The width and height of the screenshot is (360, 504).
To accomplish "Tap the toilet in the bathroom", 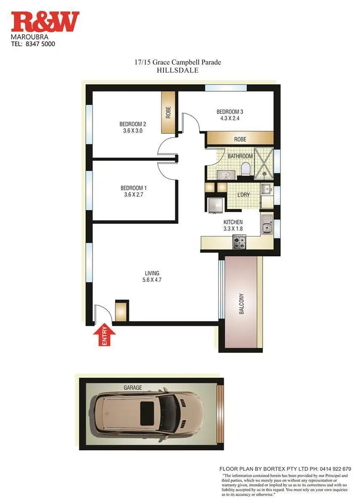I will pos(245,168).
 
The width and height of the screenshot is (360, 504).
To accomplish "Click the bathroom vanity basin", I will pos(224,174).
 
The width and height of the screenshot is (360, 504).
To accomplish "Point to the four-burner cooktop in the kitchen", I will pos(239,243).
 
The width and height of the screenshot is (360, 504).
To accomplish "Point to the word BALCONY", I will pos(241,304).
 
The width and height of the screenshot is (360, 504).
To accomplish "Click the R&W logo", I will pos(46,22).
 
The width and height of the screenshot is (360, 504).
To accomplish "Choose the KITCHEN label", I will pos(233,222).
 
